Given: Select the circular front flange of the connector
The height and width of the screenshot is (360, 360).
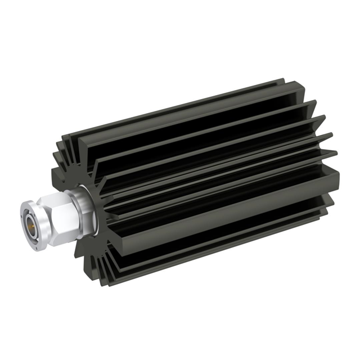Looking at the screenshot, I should click(x=30, y=220).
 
